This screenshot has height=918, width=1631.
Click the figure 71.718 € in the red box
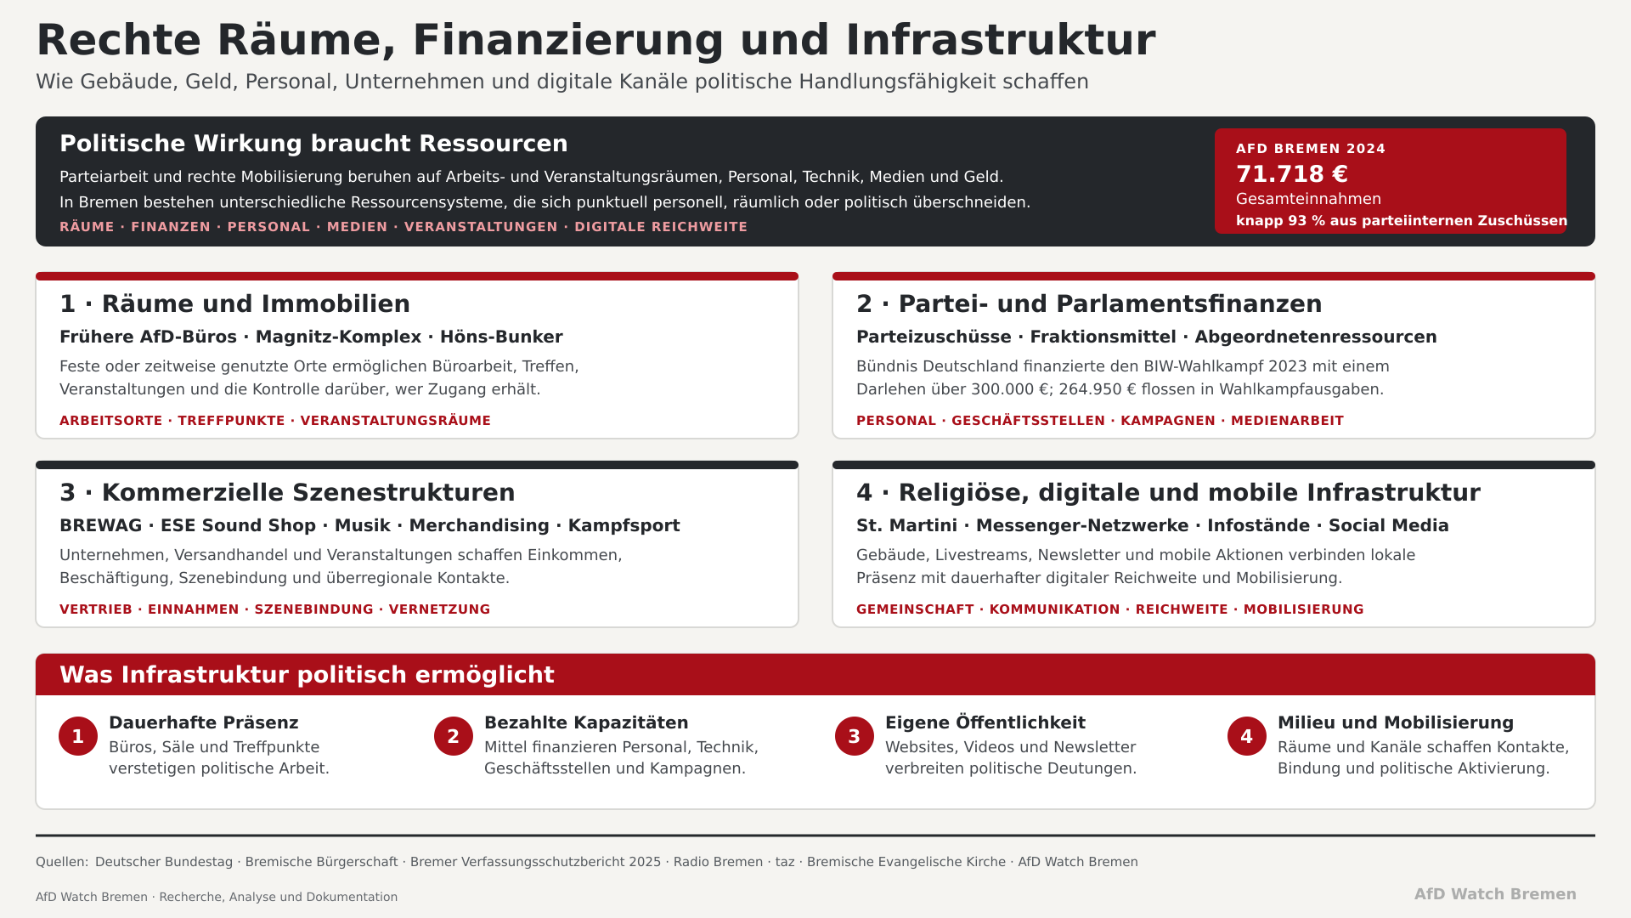tap(1291, 174)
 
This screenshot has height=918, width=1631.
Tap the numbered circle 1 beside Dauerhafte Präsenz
tap(78, 736)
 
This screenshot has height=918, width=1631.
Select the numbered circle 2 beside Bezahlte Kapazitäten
tap(454, 736)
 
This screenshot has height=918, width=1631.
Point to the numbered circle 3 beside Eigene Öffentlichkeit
tap(855, 736)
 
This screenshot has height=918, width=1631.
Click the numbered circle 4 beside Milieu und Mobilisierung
tap(1247, 736)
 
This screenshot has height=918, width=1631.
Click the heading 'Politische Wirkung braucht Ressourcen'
tap(313, 144)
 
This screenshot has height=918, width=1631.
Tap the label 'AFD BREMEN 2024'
tap(1311, 149)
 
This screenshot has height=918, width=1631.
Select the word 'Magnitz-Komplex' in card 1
tap(338, 337)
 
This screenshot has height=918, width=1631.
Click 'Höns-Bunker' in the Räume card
tap(501, 337)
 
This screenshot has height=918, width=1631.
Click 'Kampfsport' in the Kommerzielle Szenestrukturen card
tap(624, 526)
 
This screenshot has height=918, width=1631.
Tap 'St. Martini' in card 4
tap(906, 526)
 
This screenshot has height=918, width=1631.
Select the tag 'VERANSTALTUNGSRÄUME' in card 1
tap(396, 421)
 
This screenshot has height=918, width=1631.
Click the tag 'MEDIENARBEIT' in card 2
tap(1287, 421)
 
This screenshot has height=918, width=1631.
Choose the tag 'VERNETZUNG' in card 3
tap(439, 609)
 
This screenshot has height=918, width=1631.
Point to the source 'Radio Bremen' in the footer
tap(718, 862)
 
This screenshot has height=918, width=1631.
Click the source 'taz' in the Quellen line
tap(785, 862)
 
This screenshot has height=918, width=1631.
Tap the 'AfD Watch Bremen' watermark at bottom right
tap(1495, 894)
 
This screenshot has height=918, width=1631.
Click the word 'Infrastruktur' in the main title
tap(1001, 40)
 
